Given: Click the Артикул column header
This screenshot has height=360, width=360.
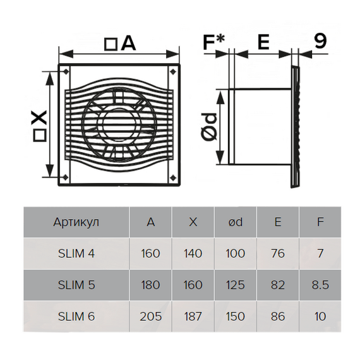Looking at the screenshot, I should [x=76, y=222].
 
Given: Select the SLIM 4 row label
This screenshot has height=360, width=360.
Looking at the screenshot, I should [x=76, y=254].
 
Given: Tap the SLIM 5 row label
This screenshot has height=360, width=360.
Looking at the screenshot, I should [x=76, y=285].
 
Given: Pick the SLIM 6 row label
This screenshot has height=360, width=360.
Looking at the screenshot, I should [x=76, y=316].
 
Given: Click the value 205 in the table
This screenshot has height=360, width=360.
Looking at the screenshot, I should [x=150, y=316].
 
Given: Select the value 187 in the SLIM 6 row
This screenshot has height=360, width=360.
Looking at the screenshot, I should [x=193, y=316].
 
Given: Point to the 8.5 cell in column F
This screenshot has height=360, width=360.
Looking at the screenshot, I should [x=320, y=285].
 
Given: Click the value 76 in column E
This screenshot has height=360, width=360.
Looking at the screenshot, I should [x=278, y=254].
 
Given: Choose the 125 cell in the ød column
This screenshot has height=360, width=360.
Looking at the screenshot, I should [x=235, y=285].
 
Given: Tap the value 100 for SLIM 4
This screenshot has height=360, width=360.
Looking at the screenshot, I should [x=235, y=254].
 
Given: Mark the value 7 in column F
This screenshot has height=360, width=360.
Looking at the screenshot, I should [x=320, y=254].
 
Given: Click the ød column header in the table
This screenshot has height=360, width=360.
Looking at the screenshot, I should [x=235, y=222].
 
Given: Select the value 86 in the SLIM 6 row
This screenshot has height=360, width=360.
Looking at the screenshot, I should [x=278, y=316].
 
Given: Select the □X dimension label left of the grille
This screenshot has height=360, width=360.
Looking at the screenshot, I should [x=39, y=125].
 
